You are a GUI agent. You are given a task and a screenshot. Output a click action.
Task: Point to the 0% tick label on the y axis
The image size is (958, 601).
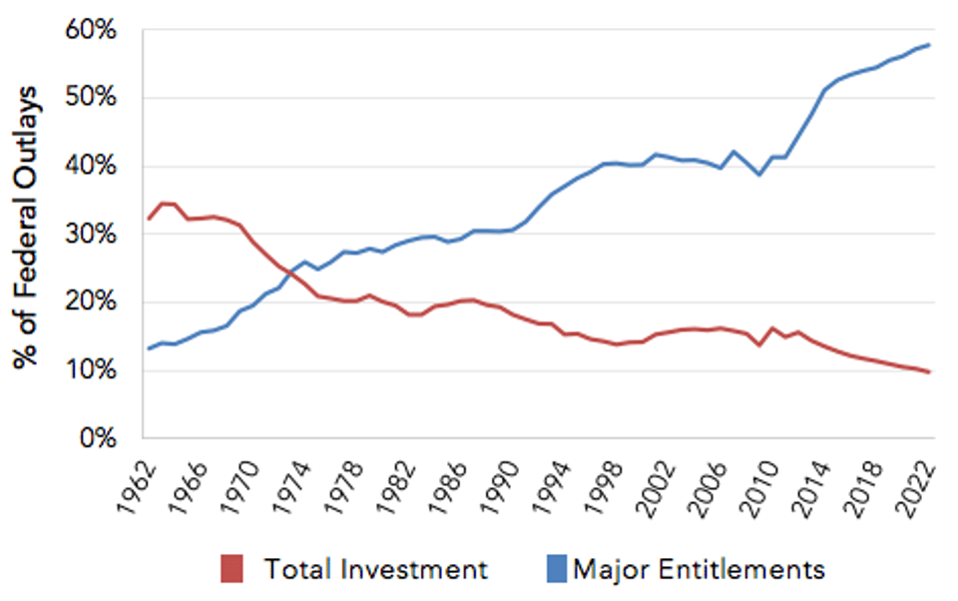click(98, 438)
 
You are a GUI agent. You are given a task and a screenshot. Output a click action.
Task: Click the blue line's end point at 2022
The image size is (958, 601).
click(930, 45)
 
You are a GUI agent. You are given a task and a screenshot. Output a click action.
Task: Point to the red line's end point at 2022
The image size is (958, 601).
click(930, 372)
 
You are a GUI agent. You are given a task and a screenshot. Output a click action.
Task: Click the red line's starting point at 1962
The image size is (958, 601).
click(147, 219)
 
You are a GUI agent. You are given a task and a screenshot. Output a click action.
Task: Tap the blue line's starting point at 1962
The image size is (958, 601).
click(147, 348)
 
